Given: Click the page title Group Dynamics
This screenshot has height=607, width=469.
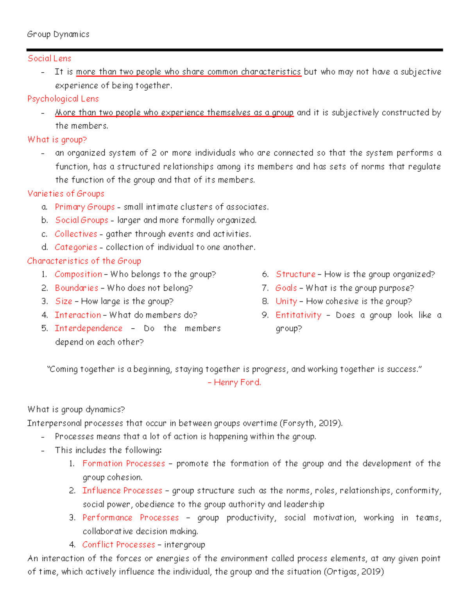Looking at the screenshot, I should (x=58, y=34).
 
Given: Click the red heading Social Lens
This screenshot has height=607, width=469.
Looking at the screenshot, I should (x=49, y=59).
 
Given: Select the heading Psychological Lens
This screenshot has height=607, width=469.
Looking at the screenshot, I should (x=63, y=99).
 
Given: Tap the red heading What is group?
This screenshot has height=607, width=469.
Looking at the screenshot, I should (x=57, y=140).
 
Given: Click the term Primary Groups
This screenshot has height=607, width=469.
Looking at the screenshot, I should (x=85, y=207).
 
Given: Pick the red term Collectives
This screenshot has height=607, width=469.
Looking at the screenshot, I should (x=76, y=234).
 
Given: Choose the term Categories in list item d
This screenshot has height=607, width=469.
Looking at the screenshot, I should (x=76, y=247).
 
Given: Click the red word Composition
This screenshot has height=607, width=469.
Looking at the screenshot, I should (x=78, y=274).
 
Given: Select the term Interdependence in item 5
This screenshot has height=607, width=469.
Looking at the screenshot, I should (x=88, y=328).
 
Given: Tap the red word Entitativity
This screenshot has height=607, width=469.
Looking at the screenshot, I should (x=298, y=315).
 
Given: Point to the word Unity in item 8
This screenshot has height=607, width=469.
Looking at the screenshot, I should (x=286, y=301).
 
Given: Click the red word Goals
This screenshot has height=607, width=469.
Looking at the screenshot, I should (x=286, y=288).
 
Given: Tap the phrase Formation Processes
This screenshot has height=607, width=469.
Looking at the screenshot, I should (x=124, y=464).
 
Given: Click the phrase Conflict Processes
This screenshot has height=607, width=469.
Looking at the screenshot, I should (x=118, y=544).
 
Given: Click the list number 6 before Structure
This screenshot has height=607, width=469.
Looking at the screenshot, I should (x=265, y=274).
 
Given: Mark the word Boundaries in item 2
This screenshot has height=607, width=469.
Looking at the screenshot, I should (x=77, y=288).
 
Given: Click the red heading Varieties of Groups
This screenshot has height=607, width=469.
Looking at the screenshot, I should (x=66, y=193).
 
